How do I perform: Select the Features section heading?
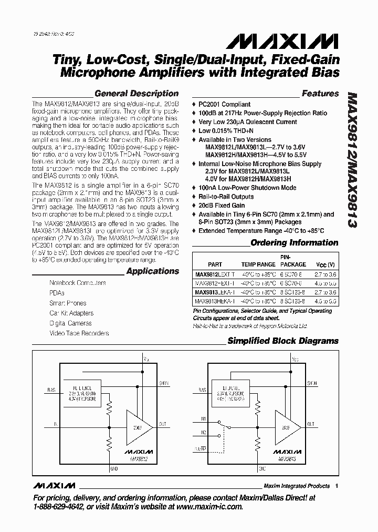320,94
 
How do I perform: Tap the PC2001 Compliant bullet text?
224,105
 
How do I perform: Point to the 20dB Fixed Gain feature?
222,206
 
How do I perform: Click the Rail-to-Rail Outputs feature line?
226,197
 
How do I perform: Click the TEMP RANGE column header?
258,264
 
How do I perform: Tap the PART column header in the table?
215,264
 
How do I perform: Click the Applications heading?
152,271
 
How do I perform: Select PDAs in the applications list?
57,293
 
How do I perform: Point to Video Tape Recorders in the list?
79,333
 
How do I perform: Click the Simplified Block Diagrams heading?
282,341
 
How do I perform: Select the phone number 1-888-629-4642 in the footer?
60,507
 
